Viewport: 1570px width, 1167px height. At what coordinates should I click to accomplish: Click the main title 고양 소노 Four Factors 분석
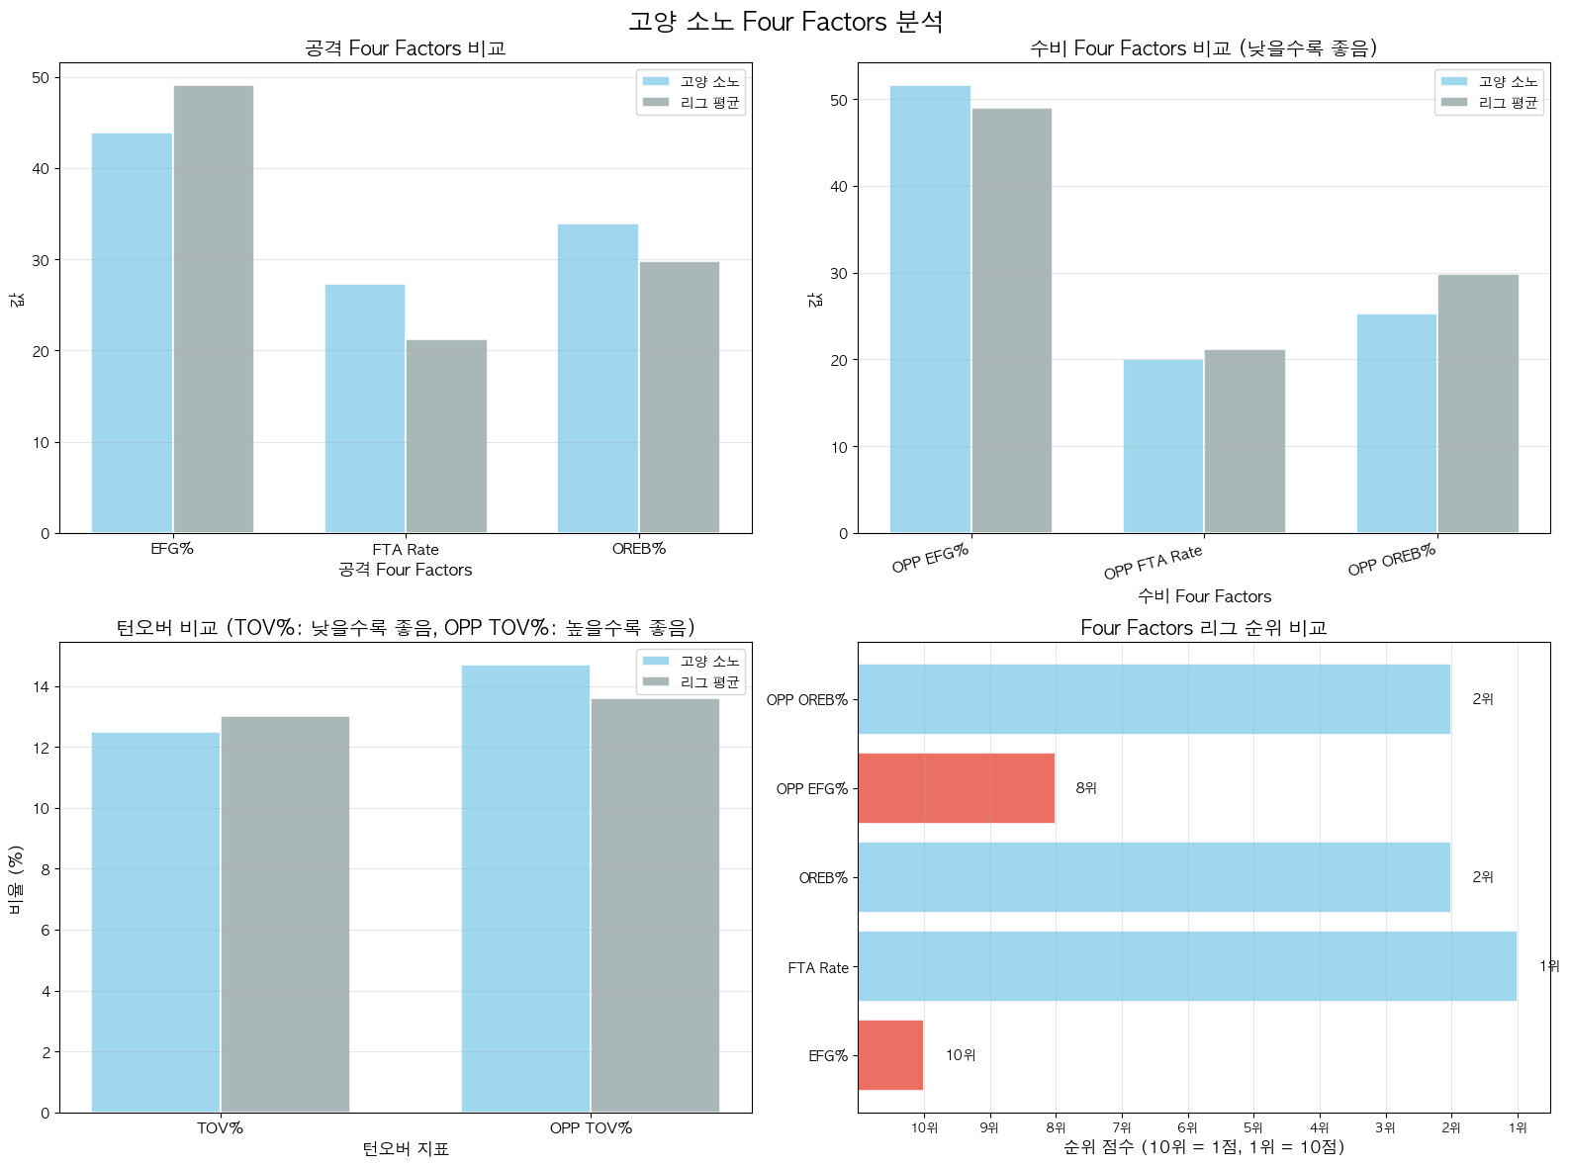coord(785,22)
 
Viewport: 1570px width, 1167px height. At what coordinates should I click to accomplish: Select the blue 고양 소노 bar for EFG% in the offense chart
coord(132,333)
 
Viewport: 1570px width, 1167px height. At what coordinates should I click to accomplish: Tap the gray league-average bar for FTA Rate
coord(446,436)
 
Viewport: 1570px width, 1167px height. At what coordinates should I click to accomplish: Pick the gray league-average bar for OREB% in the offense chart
coord(679,398)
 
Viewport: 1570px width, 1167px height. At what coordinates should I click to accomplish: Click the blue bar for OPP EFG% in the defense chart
coord(930,310)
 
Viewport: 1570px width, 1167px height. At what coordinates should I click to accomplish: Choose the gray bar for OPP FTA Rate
coord(1245,441)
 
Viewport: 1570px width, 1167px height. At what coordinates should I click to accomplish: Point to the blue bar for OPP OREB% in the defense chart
coord(1396,423)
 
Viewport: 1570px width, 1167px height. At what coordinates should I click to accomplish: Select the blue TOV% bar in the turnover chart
coord(155,922)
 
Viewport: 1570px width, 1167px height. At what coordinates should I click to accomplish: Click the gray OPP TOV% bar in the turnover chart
coord(655,905)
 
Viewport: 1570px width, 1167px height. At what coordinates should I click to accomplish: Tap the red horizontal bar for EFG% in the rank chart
coord(890,1055)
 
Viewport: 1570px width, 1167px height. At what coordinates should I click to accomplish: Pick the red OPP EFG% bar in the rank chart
coord(956,788)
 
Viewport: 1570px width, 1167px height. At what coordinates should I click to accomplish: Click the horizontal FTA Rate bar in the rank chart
coord(1187,966)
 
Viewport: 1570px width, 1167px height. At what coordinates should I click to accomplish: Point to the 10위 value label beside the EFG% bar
coord(961,1055)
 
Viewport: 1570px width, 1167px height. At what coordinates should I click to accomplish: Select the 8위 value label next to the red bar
coord(1086,788)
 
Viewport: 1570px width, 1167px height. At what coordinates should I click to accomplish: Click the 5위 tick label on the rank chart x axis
coord(1253,1127)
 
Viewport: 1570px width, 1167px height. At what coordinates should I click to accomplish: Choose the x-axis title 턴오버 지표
coord(406,1148)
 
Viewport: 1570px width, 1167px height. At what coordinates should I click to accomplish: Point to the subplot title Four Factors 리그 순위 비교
coord(1203,628)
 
